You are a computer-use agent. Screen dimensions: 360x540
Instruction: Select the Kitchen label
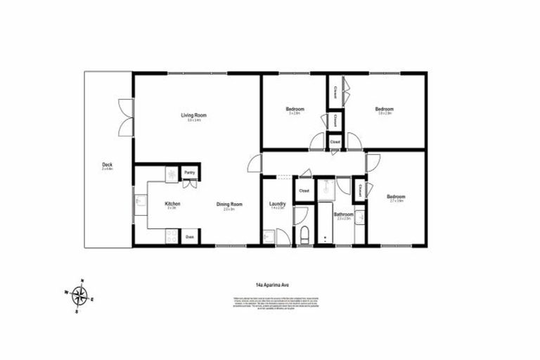tap(173, 204)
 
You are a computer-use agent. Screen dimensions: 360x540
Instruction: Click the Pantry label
tap(189, 172)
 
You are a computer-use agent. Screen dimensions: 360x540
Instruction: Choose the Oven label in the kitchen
tap(190, 238)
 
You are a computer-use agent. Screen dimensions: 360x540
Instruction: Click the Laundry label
tap(277, 204)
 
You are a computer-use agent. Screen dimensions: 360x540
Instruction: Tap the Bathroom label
tap(343, 214)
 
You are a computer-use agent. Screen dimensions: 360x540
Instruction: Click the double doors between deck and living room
tap(125, 116)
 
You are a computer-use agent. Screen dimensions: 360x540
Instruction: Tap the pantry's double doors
tap(189, 184)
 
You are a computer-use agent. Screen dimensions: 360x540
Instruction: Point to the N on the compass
tap(82, 278)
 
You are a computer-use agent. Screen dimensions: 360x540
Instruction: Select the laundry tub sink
tap(269, 236)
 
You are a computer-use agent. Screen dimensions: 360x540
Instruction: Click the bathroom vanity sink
tap(359, 219)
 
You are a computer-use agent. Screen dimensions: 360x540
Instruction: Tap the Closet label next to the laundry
tap(304, 191)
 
